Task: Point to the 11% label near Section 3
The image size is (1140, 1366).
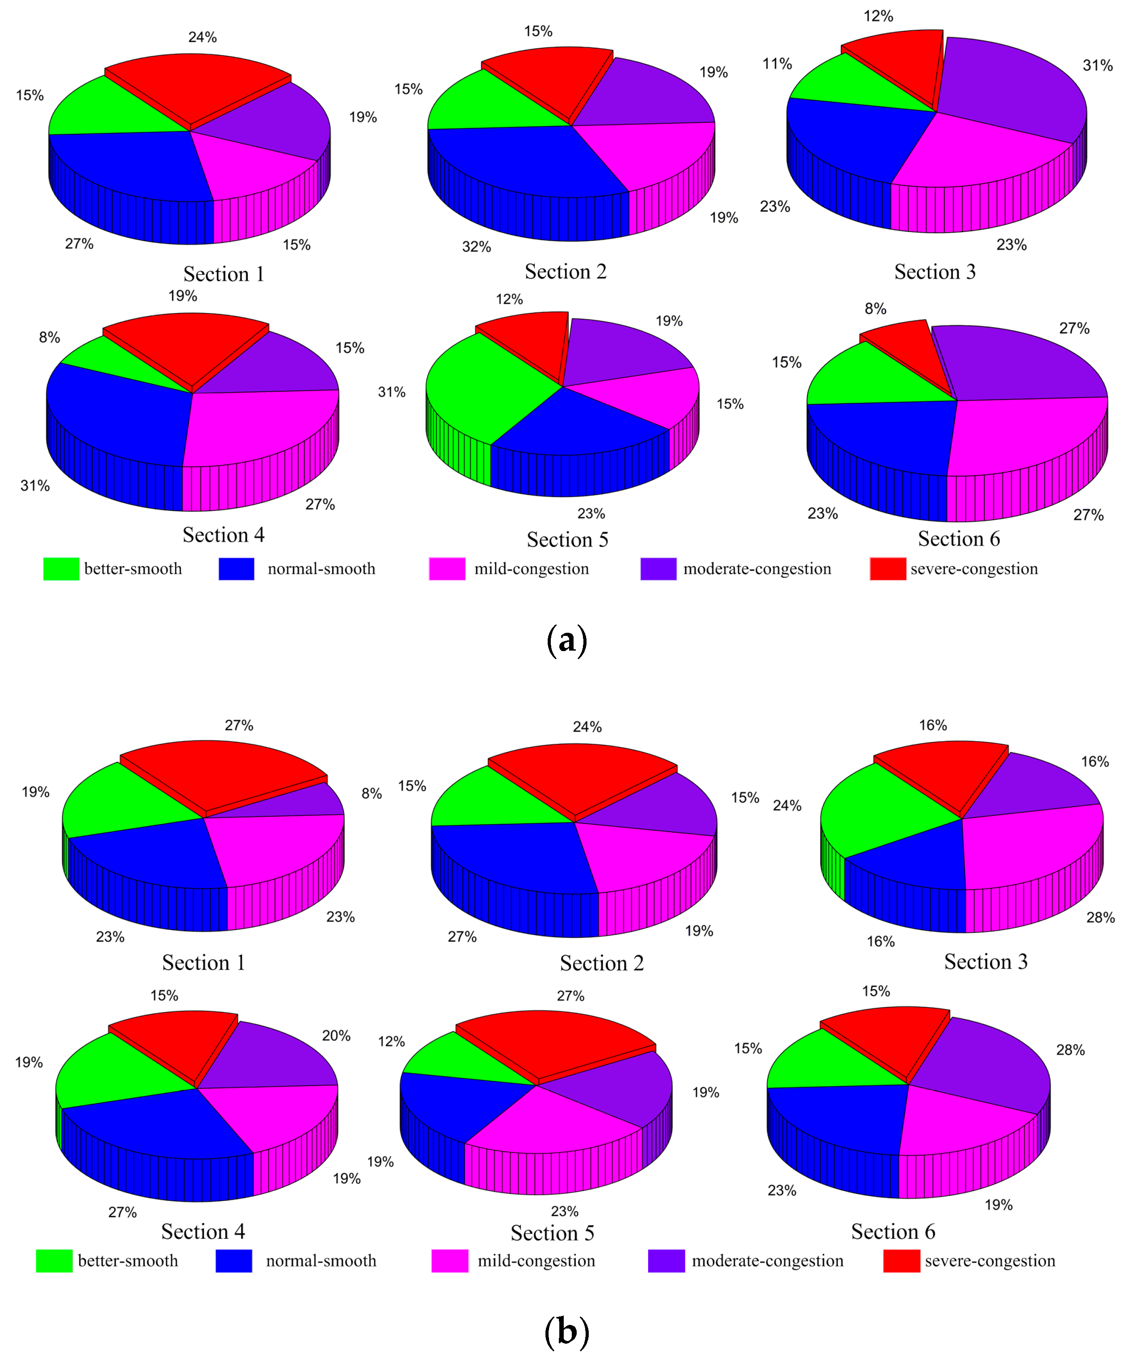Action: tap(777, 64)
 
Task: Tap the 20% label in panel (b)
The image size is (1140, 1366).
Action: tap(336, 1036)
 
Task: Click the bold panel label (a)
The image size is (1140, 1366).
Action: tap(566, 641)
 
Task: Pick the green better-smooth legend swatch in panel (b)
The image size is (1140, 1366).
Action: tap(54, 1261)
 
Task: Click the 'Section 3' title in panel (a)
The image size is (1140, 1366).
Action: tap(935, 272)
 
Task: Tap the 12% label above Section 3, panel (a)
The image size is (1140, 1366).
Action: tap(878, 16)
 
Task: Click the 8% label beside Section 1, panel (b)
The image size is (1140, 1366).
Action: tap(371, 794)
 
